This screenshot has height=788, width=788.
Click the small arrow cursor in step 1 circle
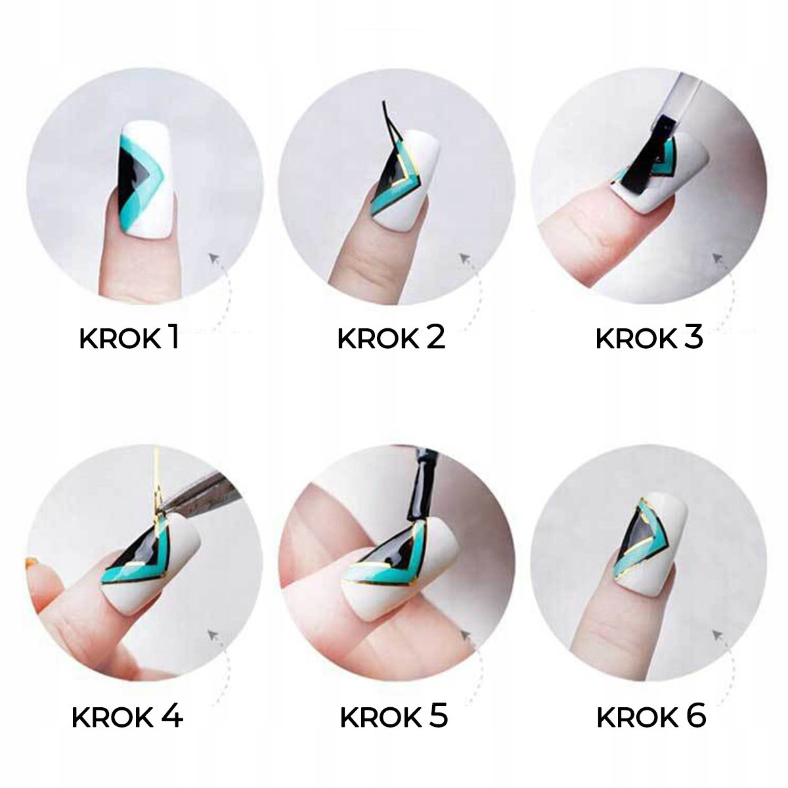[214, 259]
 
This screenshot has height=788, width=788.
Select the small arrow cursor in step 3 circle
[718, 259]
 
